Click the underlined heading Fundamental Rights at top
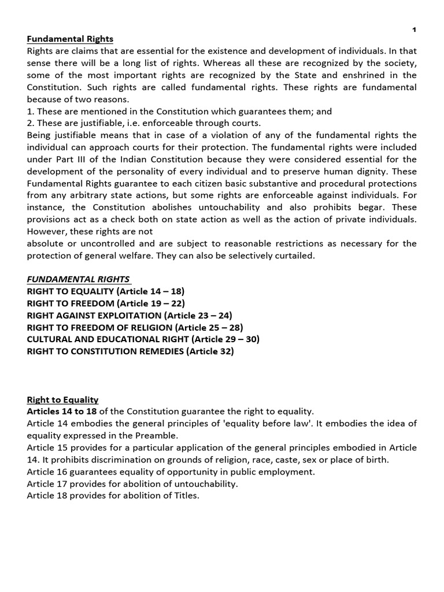pos(70,39)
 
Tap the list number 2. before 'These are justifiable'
pos(31,123)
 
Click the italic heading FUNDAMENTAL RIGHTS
pos(78,279)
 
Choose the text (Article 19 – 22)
pos(151,303)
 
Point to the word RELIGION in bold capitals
pos(154,327)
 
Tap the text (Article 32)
pos(210,351)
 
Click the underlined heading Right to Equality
pos(62,399)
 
